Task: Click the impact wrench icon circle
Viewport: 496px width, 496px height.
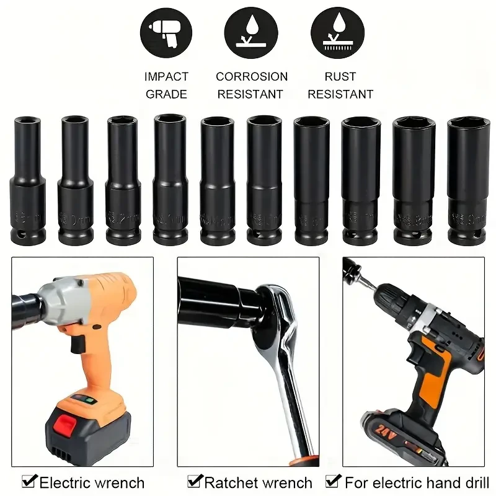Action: [166, 32]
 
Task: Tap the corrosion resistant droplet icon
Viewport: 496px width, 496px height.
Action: [251, 32]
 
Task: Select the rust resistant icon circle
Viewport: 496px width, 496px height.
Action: [338, 32]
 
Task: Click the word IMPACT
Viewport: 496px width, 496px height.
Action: [166, 77]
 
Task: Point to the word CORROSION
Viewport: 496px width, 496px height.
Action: [252, 77]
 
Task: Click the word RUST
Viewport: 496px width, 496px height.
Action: [340, 77]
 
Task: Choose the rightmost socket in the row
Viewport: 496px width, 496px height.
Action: [469, 180]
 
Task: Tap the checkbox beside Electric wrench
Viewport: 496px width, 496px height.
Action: [28, 481]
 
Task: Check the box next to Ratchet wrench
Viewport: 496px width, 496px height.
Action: [194, 481]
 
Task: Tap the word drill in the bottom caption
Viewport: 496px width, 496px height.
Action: [474, 482]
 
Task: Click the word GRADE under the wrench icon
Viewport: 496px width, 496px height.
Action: [166, 95]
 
